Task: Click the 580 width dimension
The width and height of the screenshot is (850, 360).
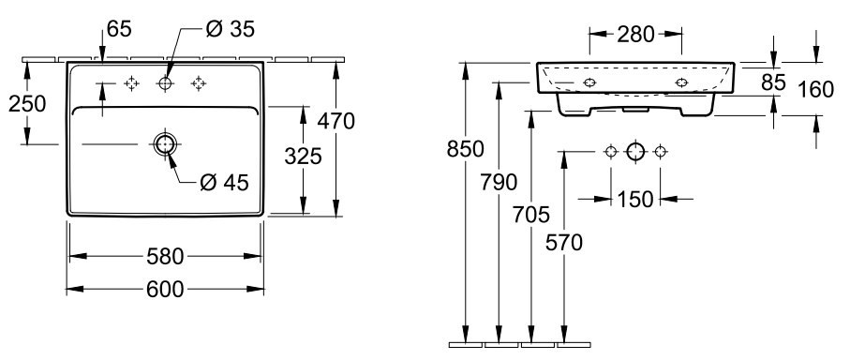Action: [x=165, y=257]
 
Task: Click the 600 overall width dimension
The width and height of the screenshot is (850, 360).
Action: [x=165, y=290]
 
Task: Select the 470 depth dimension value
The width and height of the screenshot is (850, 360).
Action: [x=336, y=121]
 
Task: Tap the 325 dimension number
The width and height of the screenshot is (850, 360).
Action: [x=304, y=157]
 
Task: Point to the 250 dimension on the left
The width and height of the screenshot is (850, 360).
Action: [x=27, y=103]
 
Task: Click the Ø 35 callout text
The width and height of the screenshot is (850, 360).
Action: [x=231, y=29]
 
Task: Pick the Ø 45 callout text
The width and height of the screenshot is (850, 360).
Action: [x=224, y=183]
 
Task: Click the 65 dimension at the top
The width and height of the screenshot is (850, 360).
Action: [x=119, y=29]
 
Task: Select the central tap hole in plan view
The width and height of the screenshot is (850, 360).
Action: [x=165, y=83]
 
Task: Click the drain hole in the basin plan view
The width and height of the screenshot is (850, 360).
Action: [x=165, y=144]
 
